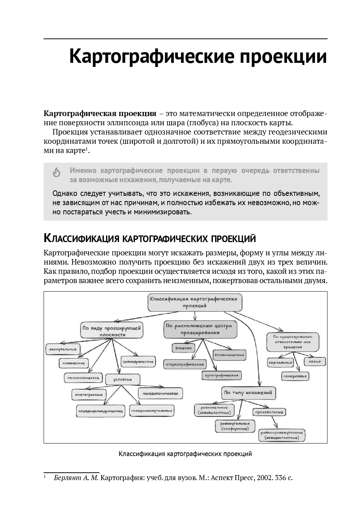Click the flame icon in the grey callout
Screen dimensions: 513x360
point(57,172)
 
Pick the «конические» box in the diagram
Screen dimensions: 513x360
point(74,363)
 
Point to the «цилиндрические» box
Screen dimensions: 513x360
point(138,361)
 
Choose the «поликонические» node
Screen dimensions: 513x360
point(83,378)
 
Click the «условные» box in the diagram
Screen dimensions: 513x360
point(123,379)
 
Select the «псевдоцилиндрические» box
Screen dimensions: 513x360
point(100,411)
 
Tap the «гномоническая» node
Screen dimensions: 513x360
point(230,355)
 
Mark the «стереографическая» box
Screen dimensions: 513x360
point(185,364)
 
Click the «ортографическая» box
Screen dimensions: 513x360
point(222,376)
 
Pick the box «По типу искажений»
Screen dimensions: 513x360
point(248,393)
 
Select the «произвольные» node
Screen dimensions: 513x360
point(269,412)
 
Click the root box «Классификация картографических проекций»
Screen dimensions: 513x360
point(195,302)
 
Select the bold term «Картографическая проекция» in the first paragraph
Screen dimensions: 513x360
point(100,113)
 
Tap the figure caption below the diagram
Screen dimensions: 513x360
point(185,453)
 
